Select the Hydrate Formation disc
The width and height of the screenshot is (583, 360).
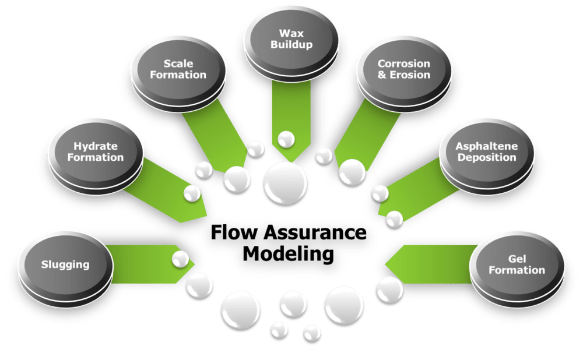(96, 151)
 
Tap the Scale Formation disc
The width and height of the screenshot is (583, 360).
(178, 69)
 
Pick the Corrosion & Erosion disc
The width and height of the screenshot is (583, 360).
(403, 69)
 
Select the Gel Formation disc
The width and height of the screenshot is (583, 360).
(517, 264)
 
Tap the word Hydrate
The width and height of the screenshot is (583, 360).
(96, 146)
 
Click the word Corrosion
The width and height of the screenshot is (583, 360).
(404, 63)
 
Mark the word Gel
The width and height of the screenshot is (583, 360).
(517, 259)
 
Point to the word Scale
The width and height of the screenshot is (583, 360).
(178, 63)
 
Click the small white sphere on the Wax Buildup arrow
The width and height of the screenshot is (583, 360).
(286, 140)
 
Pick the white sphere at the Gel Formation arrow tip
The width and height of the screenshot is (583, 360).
(389, 288)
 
